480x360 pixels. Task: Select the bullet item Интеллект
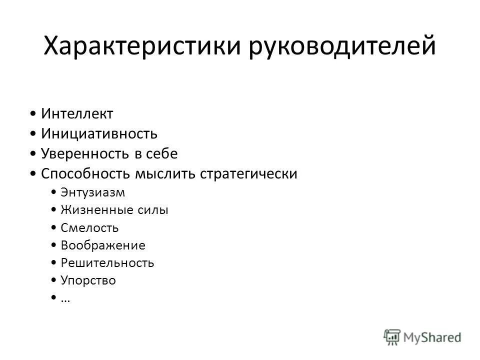click(77, 114)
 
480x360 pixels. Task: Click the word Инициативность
click(99, 133)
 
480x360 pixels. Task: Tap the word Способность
click(85, 173)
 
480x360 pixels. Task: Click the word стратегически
click(248, 173)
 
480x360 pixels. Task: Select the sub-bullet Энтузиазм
click(92, 192)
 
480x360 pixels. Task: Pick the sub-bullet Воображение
click(102, 245)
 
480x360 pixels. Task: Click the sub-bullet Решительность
click(107, 263)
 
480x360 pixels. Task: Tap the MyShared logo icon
click(392, 336)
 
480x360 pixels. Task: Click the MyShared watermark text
click(433, 337)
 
